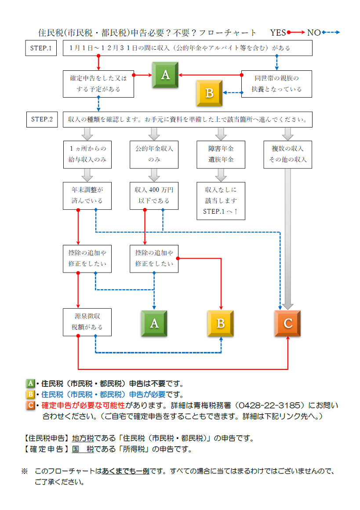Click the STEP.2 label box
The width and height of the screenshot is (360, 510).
click(x=41, y=119)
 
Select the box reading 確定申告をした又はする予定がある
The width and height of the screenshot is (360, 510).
click(x=98, y=84)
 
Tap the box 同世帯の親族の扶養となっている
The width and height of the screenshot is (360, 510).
click(x=276, y=84)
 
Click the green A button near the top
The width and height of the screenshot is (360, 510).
click(x=165, y=75)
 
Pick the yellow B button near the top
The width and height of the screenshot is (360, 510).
click(x=209, y=93)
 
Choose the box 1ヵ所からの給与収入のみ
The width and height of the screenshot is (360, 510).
click(x=87, y=154)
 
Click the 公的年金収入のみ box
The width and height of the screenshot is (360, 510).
click(x=154, y=154)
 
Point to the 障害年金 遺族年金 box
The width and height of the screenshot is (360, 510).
click(x=221, y=154)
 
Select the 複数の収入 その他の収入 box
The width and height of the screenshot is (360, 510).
click(x=287, y=154)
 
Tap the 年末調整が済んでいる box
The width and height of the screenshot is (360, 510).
click(x=87, y=195)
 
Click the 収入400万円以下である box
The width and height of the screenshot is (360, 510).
click(x=154, y=195)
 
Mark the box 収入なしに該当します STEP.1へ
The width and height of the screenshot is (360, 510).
click(x=221, y=200)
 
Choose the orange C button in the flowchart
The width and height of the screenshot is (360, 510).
click(x=288, y=324)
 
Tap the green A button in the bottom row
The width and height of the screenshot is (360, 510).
click(x=154, y=324)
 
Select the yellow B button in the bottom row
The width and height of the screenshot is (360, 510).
click(x=221, y=324)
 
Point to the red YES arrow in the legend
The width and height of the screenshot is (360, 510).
click(x=296, y=33)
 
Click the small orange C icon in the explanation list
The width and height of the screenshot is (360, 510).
click(x=30, y=405)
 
